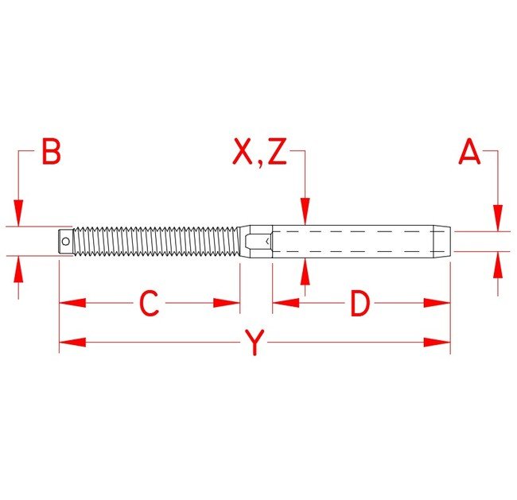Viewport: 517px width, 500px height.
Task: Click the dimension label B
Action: pyautogui.click(x=51, y=152)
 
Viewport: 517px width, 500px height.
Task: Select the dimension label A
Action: pyautogui.click(x=470, y=152)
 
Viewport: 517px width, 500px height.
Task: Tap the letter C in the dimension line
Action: pyautogui.click(x=150, y=303)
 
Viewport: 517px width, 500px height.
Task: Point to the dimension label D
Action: pyautogui.click(x=361, y=303)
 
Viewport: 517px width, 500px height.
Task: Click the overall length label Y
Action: pyautogui.click(x=254, y=343)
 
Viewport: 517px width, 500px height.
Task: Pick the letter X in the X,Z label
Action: pyautogui.click(x=242, y=152)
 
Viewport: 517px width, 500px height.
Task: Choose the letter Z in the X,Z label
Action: pyautogui.click(x=276, y=152)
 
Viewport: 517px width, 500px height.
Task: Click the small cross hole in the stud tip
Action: pyautogui.click(x=65, y=240)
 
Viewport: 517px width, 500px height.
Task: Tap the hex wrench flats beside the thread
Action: pyautogui.click(x=256, y=240)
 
